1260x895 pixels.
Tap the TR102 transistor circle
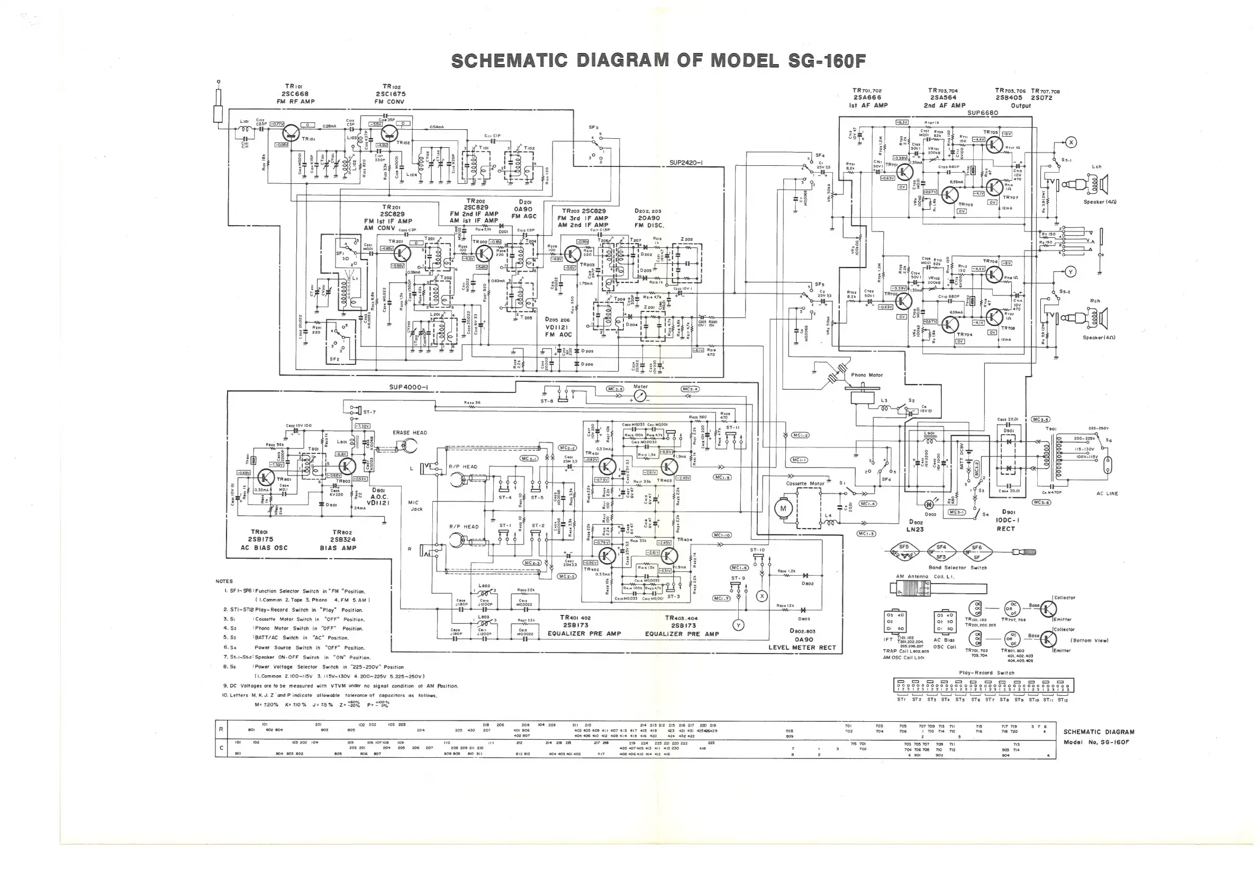point(390,132)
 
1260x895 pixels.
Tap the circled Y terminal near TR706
point(1071,272)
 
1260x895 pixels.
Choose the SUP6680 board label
point(983,113)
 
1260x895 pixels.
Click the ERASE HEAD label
point(410,433)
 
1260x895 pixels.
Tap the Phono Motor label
point(867,375)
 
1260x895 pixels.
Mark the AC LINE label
point(1107,494)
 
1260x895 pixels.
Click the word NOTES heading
point(224,581)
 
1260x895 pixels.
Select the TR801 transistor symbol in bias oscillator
point(267,478)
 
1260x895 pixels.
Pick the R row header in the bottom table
point(221,729)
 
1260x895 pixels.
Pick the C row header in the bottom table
point(221,748)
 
